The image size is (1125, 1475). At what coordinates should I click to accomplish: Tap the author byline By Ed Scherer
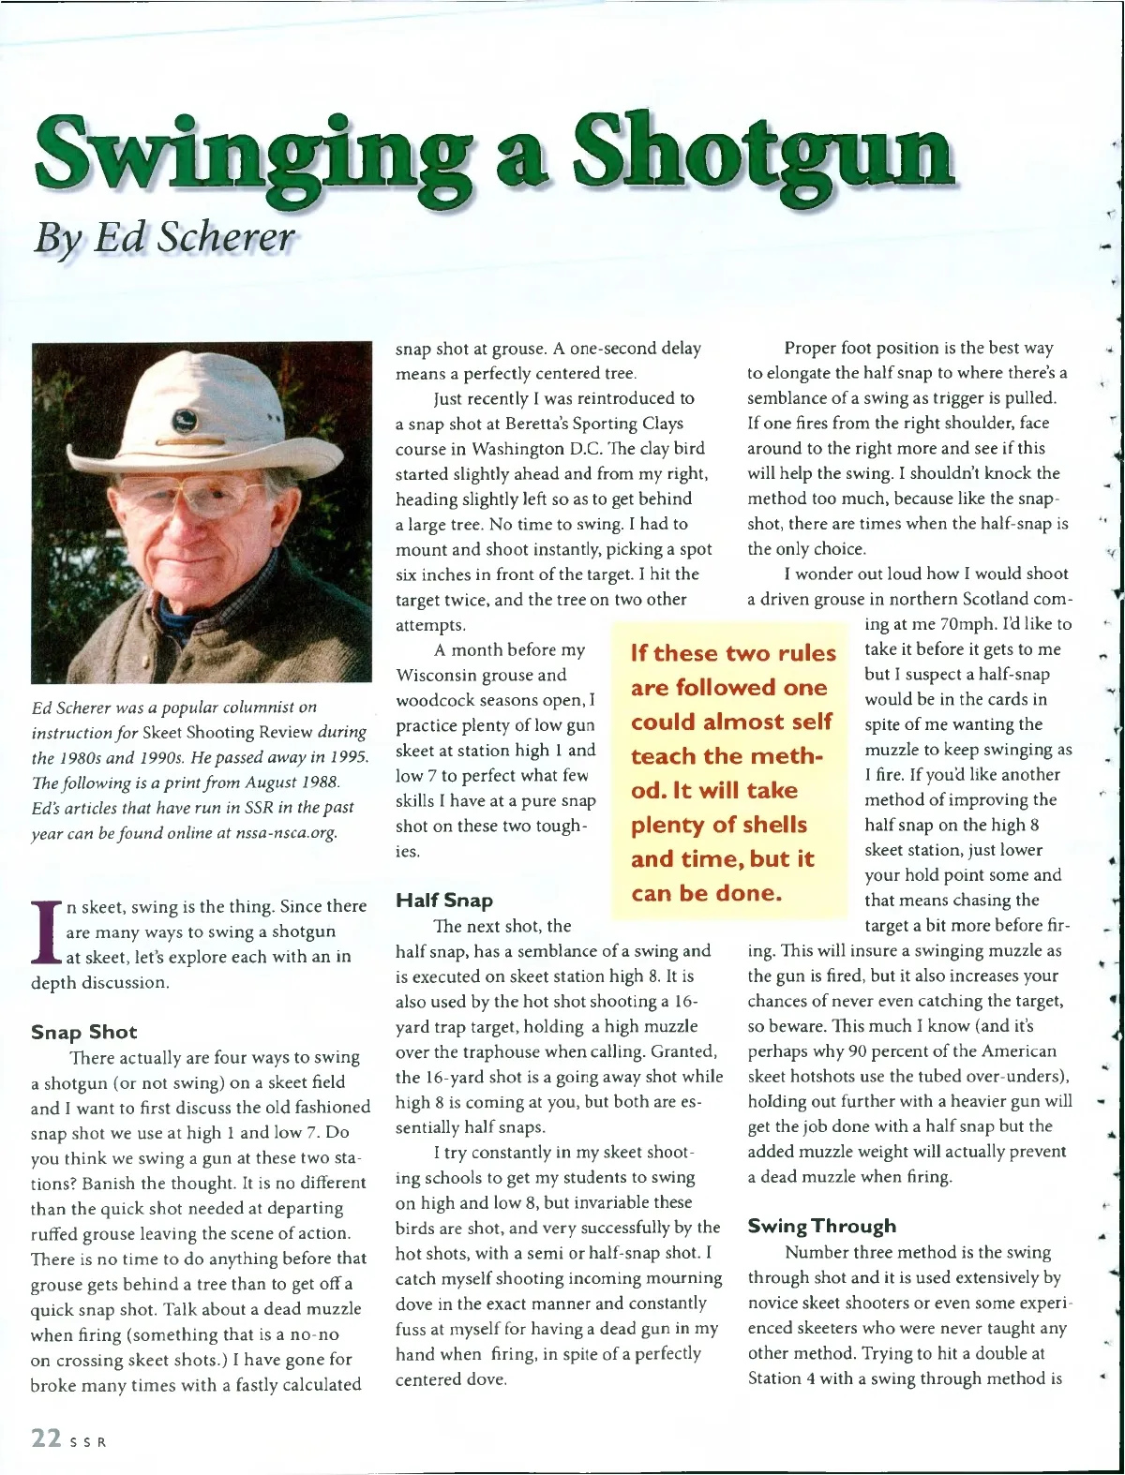pos(164,237)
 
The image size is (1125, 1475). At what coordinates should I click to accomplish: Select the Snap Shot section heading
pos(83,1032)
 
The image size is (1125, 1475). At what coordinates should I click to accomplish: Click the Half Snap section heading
pos(443,901)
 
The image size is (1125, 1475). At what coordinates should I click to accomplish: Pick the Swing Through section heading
pos(821,1226)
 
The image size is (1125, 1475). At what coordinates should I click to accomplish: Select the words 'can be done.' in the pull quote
pos(706,893)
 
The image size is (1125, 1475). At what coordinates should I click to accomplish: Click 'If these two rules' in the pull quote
pos(733,653)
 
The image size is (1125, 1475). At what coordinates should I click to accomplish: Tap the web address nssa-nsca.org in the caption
pos(286,832)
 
